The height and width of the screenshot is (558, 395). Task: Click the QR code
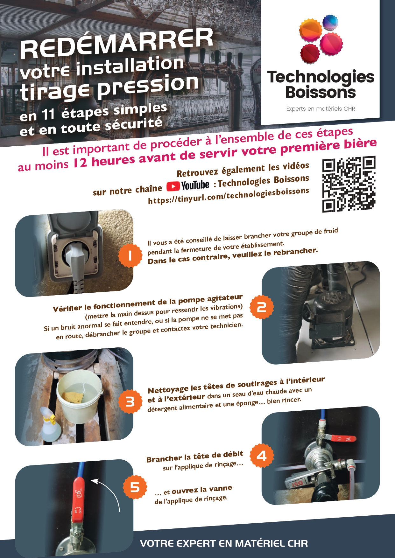pos(349,184)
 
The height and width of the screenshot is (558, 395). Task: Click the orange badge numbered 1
pos(130,255)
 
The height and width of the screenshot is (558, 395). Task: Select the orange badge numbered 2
pos(262,307)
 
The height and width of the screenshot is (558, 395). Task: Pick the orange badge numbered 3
pos(130,402)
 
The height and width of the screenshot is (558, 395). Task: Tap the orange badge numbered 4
pos(262,456)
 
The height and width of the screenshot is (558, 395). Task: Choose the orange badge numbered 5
pos(135,487)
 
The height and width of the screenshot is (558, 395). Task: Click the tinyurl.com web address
pos(228,196)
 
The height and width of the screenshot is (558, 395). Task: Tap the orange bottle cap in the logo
pos(310,30)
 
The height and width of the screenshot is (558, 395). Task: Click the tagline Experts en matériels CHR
pos(320,109)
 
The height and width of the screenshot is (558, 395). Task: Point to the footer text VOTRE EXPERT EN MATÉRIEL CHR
pos(224,543)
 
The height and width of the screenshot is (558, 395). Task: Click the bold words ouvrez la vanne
pos(202,490)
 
